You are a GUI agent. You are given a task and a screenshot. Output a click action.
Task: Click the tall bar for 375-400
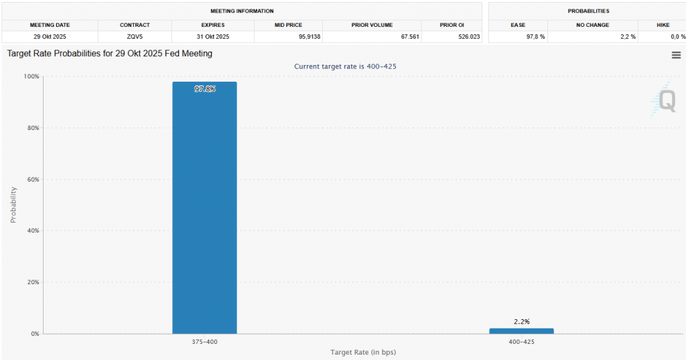[204, 208]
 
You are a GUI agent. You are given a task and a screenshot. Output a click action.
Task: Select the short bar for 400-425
[521, 331]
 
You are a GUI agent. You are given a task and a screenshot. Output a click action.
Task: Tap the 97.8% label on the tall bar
[205, 89]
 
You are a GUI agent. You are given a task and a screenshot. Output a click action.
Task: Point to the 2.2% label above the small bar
[521, 322]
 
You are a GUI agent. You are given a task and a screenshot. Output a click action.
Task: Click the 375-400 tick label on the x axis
[204, 342]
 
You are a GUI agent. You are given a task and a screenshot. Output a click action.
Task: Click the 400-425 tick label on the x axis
[521, 342]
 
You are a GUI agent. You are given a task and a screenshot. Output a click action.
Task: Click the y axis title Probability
[13, 204]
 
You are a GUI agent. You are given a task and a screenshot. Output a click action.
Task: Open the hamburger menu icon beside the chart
[676, 55]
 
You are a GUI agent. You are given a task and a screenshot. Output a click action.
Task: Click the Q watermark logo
[666, 101]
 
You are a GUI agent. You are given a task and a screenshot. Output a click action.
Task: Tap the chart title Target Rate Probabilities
[109, 53]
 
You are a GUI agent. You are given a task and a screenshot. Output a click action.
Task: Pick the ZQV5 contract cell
[135, 36]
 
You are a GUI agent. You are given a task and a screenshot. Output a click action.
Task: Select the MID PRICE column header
[288, 25]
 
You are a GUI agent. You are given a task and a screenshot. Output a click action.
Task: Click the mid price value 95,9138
[304, 36]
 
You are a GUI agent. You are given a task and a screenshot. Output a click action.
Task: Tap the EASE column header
[518, 25]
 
